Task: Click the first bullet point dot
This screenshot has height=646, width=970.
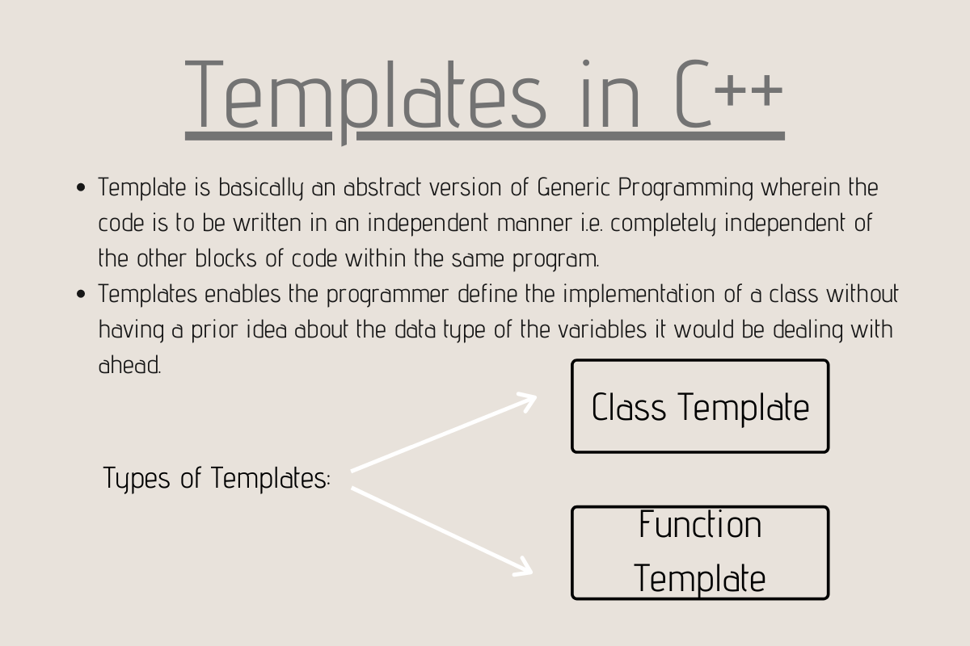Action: pyautogui.click(x=81, y=188)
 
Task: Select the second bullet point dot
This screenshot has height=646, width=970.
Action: pyautogui.click(x=81, y=294)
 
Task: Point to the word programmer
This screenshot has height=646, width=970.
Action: pyautogui.click(x=387, y=296)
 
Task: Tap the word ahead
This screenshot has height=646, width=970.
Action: pyautogui.click(x=129, y=364)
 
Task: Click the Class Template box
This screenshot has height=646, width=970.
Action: pyautogui.click(x=700, y=406)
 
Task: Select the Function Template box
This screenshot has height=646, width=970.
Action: pyautogui.click(x=700, y=552)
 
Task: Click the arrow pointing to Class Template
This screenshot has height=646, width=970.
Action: pyautogui.click(x=445, y=432)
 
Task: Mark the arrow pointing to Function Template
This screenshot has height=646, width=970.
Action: pyautogui.click(x=443, y=530)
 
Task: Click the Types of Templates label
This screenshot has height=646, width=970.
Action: pyautogui.click(x=217, y=478)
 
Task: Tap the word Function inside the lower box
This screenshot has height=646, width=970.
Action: pyautogui.click(x=700, y=526)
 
